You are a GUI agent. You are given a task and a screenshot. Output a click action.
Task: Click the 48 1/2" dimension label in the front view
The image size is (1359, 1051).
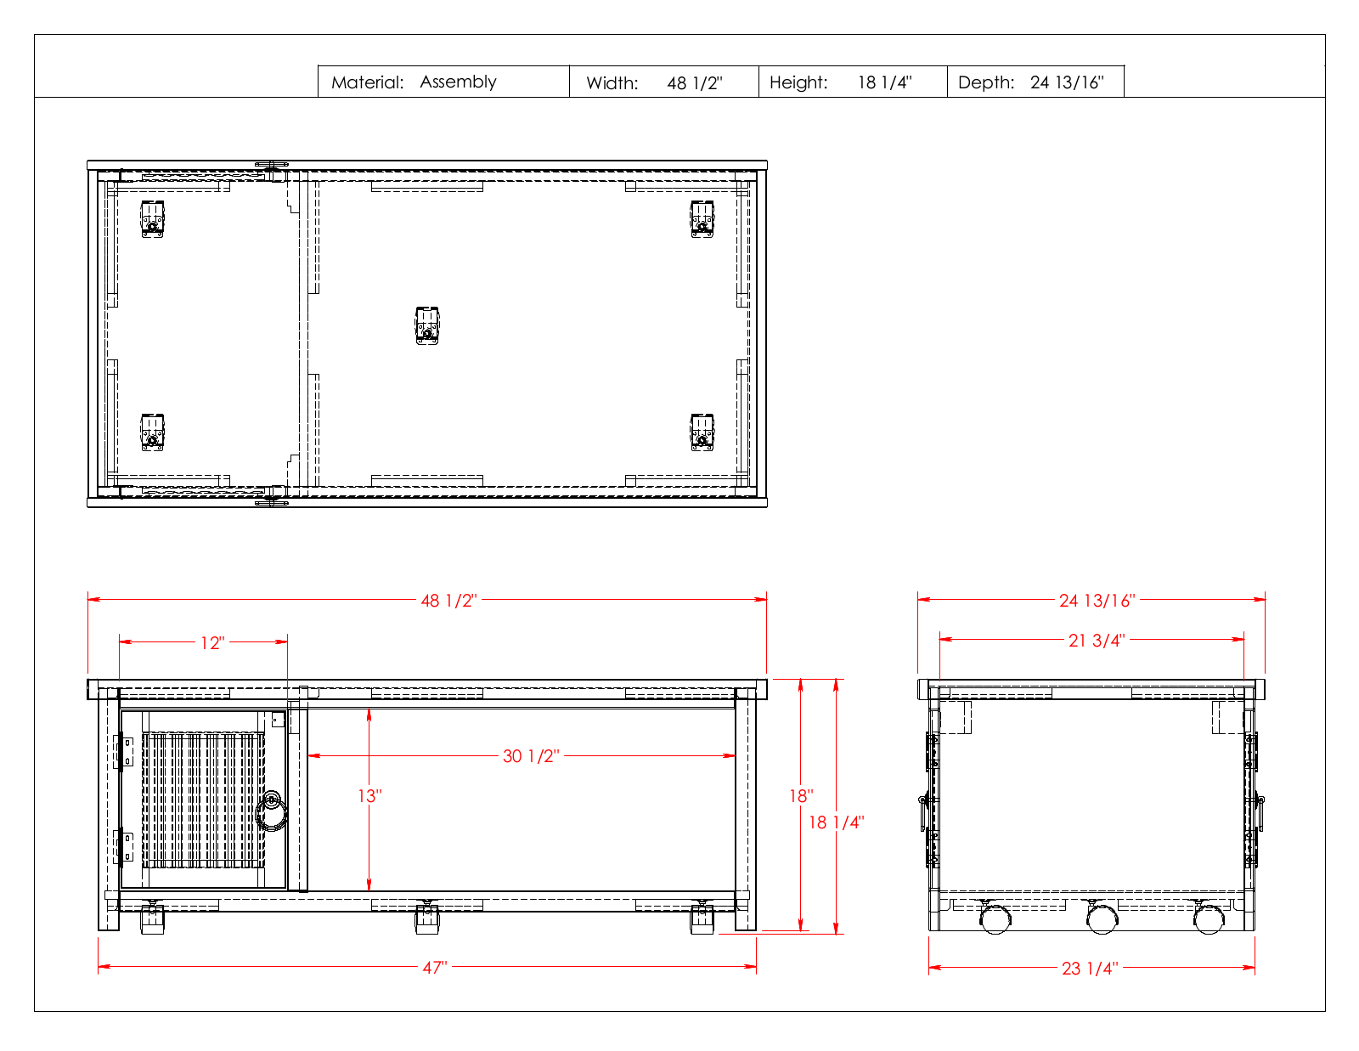click(448, 601)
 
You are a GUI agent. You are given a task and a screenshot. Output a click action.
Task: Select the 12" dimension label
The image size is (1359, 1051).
click(212, 643)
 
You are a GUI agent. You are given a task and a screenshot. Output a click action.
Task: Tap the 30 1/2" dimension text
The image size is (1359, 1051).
click(531, 756)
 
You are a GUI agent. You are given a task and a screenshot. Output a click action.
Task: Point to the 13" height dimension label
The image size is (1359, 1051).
click(369, 796)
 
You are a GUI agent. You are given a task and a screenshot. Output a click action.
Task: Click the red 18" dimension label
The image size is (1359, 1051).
click(801, 796)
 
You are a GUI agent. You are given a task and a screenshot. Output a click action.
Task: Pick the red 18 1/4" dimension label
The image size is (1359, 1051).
click(836, 822)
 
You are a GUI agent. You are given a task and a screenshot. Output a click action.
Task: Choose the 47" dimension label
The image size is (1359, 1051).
click(435, 968)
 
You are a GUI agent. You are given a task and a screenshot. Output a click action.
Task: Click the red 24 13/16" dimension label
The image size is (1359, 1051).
click(1097, 601)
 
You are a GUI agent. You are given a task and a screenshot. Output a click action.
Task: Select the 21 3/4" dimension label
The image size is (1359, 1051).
click(1097, 641)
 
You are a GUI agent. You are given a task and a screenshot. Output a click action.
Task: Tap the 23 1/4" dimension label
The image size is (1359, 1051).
click(1090, 969)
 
